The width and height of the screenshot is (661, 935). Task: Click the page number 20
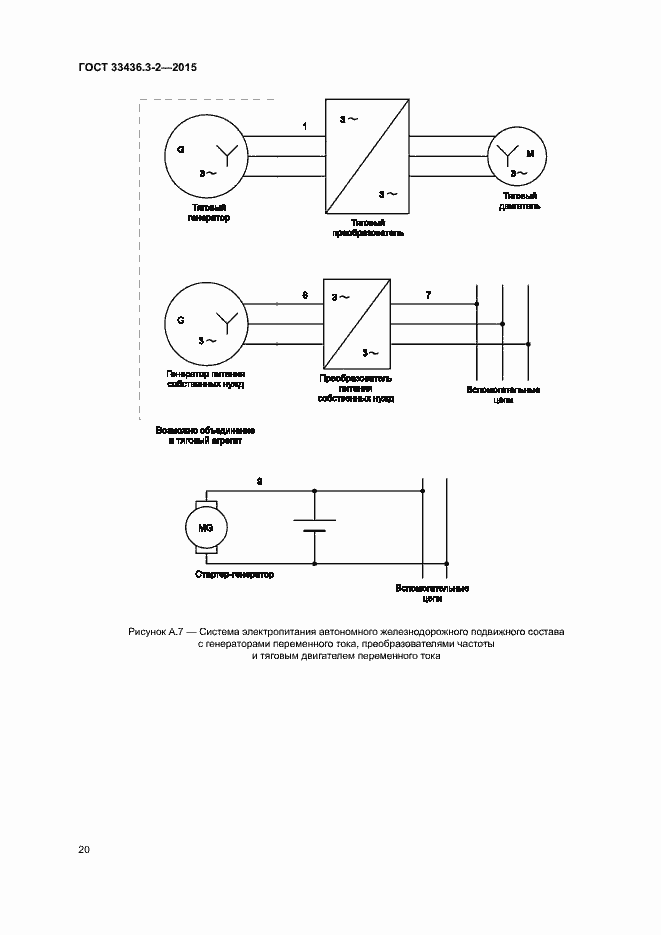pos(84,850)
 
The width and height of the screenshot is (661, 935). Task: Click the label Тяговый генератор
pos(208,212)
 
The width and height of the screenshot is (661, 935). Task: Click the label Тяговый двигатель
pos(520,201)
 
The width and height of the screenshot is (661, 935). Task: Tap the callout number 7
pos(429,296)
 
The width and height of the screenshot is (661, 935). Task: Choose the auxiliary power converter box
pos(356,324)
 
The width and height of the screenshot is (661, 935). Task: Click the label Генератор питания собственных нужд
pos(206,381)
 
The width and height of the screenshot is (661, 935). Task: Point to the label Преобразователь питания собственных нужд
pos(355,389)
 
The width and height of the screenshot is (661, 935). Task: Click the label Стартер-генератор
pos(234,575)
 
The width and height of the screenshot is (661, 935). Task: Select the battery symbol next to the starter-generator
pos(315,526)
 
